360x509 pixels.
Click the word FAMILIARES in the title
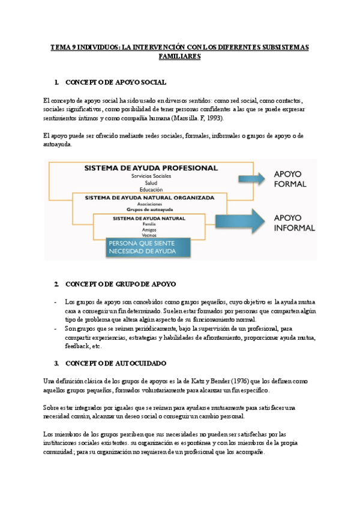pos(179,56)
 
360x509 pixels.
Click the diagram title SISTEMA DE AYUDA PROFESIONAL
pos(151,167)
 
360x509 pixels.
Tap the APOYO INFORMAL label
pos(294,223)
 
